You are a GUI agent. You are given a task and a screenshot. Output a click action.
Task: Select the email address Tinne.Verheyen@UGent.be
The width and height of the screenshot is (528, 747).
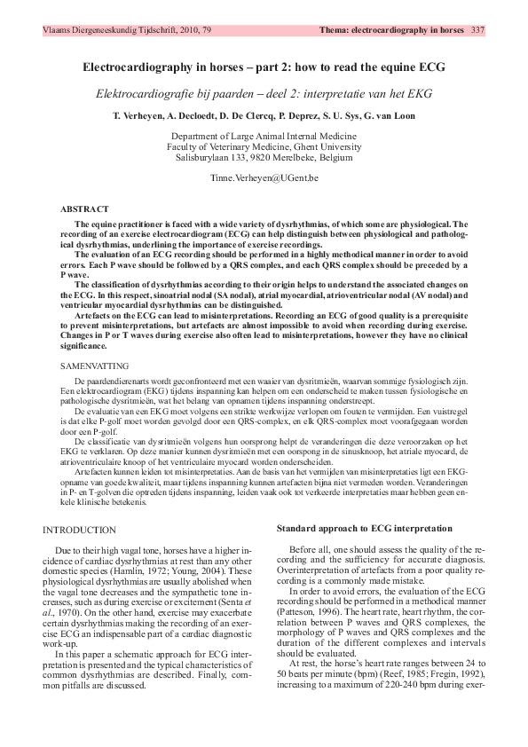click(264, 178)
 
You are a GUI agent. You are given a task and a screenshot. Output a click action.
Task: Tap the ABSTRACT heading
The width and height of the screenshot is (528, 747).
click(85, 208)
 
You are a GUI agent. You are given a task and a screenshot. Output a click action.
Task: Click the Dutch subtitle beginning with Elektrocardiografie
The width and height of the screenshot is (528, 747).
click(264, 94)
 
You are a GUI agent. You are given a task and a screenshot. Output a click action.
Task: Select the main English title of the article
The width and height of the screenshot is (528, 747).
click(264, 68)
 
